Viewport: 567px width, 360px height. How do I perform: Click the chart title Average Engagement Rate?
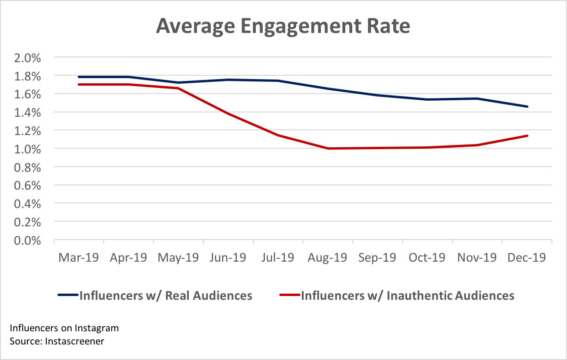(x=283, y=26)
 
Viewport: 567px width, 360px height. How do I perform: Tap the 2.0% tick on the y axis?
(x=29, y=58)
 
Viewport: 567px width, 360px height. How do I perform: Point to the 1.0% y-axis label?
(x=29, y=149)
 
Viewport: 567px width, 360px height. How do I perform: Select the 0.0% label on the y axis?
(x=29, y=240)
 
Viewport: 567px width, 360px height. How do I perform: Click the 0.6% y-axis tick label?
(x=29, y=185)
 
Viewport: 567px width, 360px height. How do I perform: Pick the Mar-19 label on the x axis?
(x=79, y=258)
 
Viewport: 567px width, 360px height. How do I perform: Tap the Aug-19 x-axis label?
(x=327, y=258)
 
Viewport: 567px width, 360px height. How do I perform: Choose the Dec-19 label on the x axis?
(x=526, y=258)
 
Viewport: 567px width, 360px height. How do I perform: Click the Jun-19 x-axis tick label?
(x=228, y=258)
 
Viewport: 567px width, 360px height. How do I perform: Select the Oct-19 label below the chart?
(x=427, y=258)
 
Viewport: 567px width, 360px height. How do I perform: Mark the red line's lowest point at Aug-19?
(x=327, y=148)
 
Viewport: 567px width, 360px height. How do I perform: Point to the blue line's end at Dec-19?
(x=527, y=106)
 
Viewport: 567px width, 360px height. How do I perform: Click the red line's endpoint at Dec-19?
(x=527, y=136)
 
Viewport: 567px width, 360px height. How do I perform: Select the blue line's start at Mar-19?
(x=79, y=77)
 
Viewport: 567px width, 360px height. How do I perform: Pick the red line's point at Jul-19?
(x=278, y=135)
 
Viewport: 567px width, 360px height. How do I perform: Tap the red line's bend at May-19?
(x=178, y=88)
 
